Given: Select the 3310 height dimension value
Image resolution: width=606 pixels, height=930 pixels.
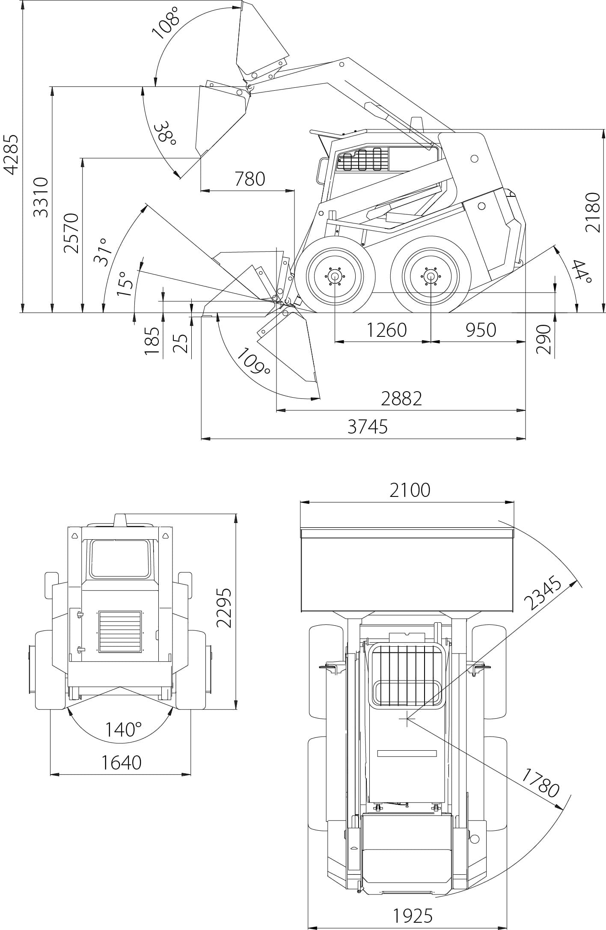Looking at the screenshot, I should (x=42, y=197).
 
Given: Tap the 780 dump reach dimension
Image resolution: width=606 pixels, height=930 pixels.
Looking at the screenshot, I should (x=250, y=179).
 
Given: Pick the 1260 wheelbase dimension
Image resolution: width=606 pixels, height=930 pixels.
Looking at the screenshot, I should (x=386, y=330).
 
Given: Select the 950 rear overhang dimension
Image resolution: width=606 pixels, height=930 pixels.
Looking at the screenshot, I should (x=480, y=330).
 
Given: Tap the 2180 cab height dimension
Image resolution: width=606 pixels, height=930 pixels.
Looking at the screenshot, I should (x=593, y=213).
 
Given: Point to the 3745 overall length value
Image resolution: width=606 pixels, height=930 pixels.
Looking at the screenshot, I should (x=367, y=427).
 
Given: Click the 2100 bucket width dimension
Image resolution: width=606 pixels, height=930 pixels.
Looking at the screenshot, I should (x=410, y=490).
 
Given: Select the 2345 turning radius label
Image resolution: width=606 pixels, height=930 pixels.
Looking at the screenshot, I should (x=543, y=594).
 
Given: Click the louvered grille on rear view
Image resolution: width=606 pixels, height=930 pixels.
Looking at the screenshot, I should (x=120, y=632).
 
